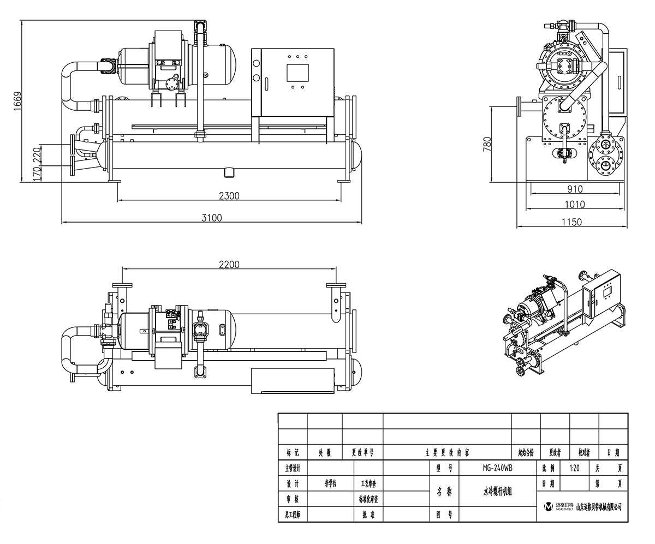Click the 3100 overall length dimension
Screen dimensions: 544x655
click(x=212, y=218)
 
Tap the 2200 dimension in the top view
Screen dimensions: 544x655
click(x=229, y=265)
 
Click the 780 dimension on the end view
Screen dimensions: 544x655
click(x=487, y=144)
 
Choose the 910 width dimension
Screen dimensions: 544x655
click(x=574, y=189)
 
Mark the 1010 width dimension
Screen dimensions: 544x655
click(x=574, y=205)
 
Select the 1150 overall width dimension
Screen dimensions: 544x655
click(x=571, y=222)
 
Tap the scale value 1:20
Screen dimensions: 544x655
click(x=574, y=468)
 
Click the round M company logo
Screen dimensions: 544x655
click(x=549, y=507)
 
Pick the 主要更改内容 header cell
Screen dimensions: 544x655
click(x=447, y=452)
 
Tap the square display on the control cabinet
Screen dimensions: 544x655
click(x=297, y=73)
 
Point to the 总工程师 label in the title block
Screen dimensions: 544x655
click(x=293, y=514)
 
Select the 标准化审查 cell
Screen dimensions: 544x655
click(x=368, y=499)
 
